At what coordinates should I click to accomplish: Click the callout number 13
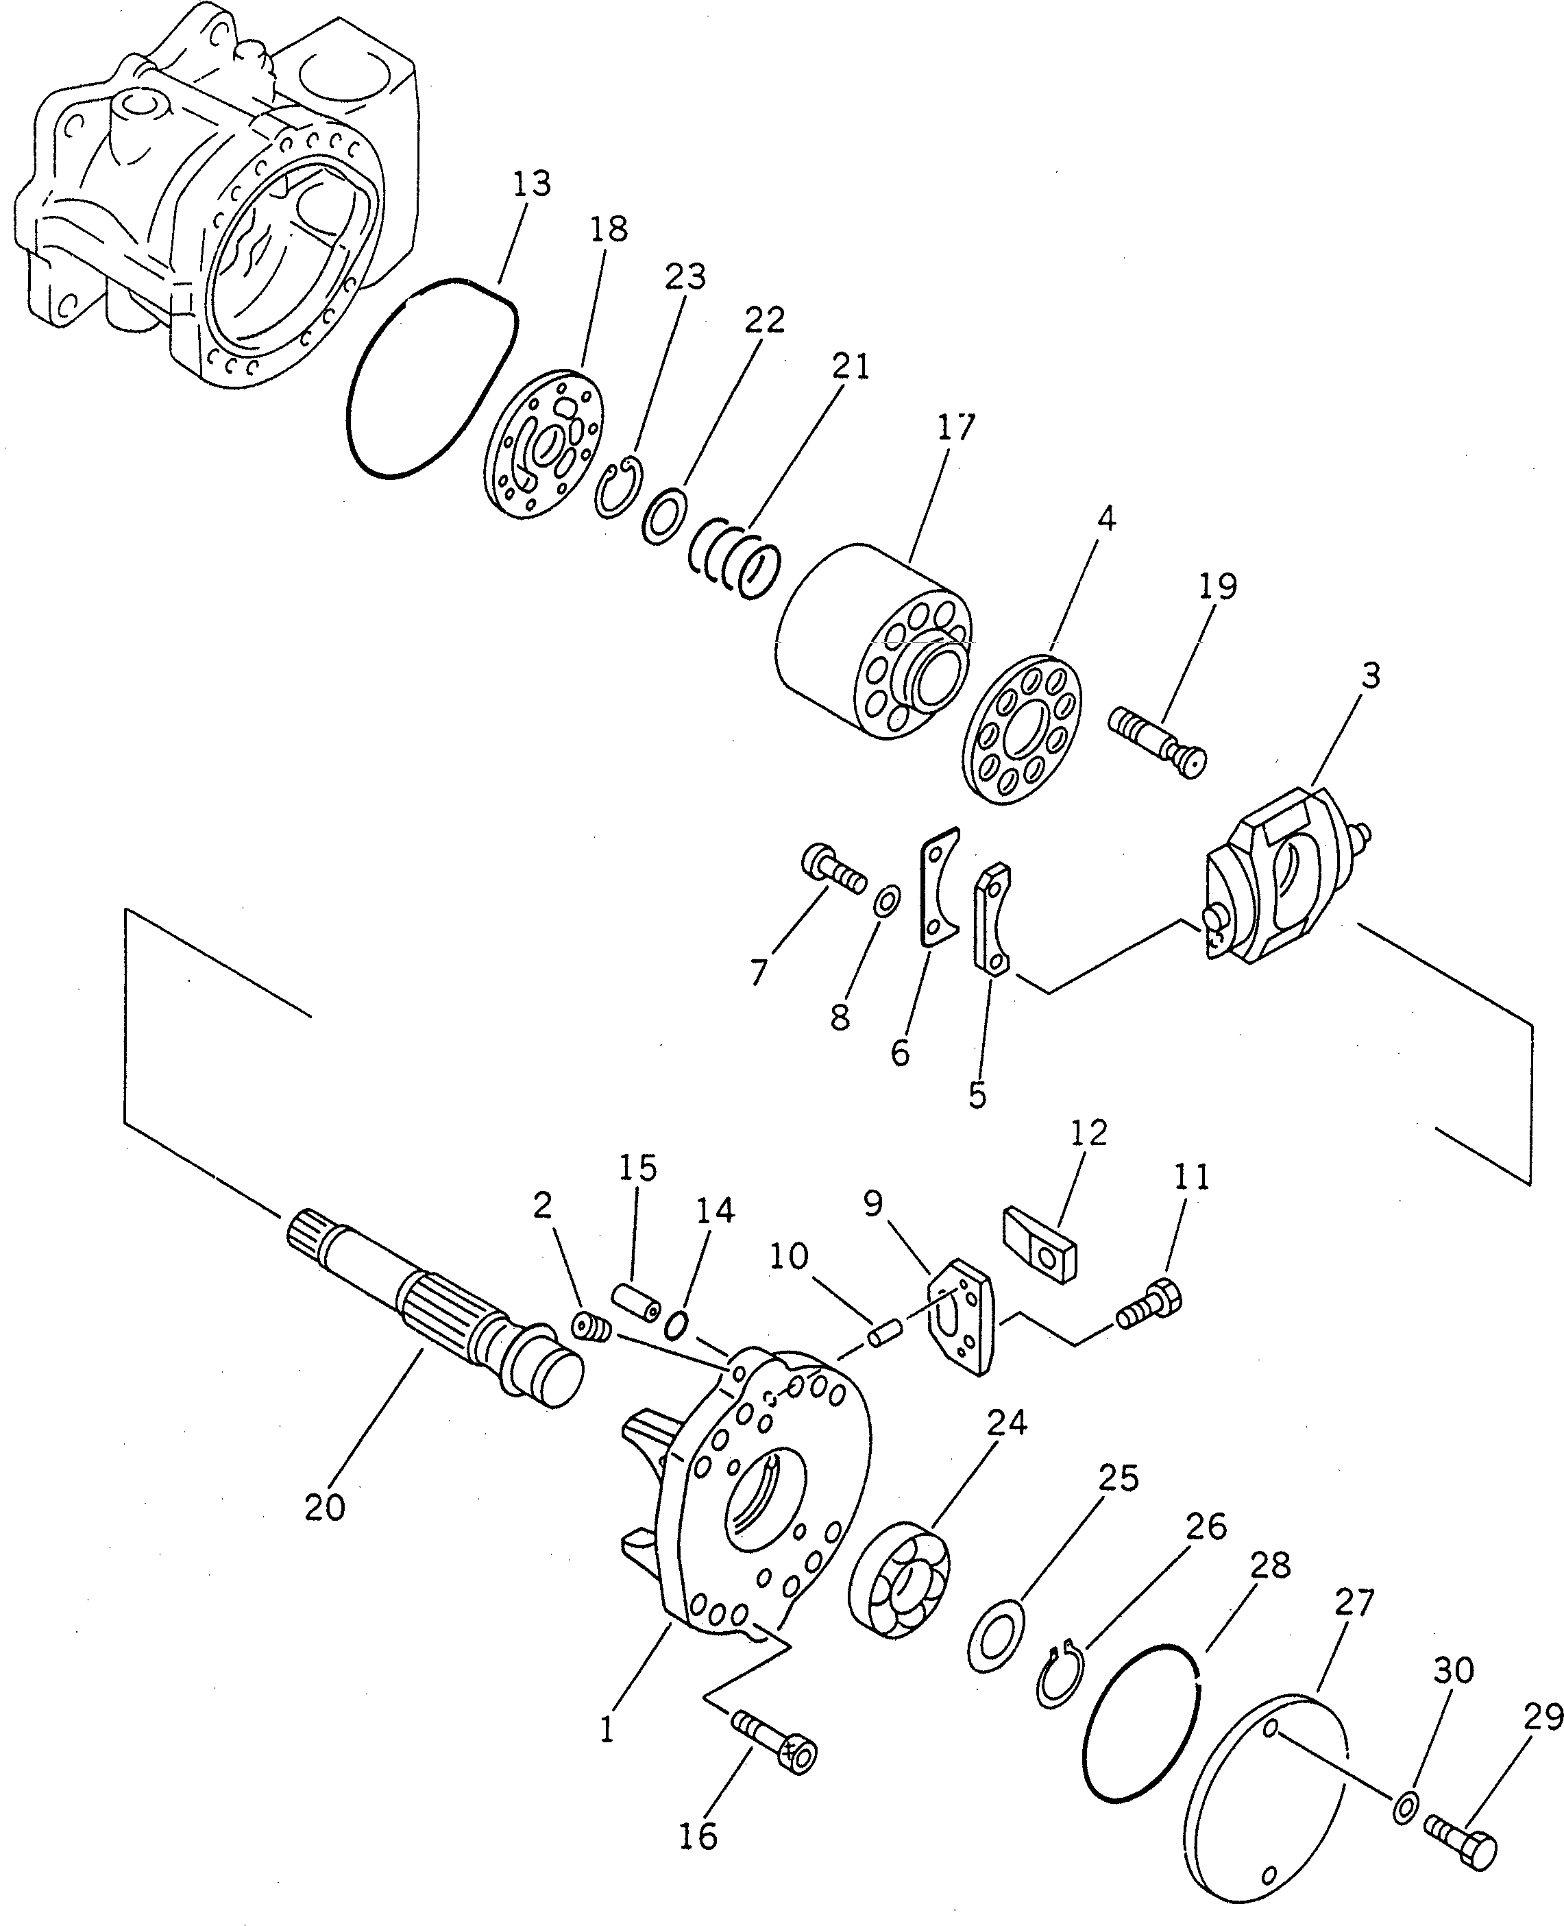click(x=532, y=184)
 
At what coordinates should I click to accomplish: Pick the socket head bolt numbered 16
click(x=779, y=1743)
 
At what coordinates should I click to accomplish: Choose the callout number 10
click(x=788, y=1255)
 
